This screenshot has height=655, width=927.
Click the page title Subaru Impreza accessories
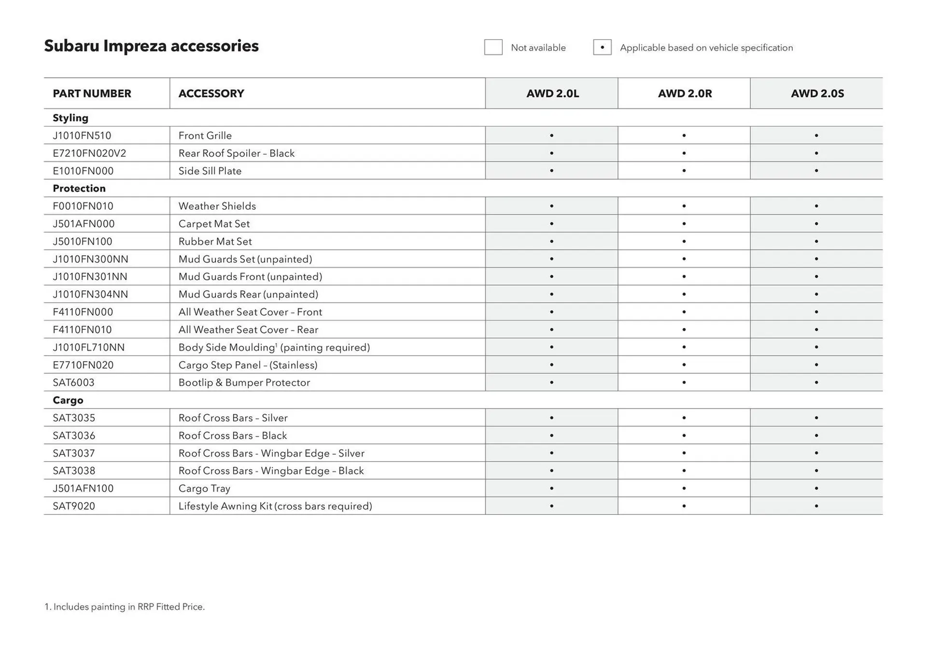(151, 46)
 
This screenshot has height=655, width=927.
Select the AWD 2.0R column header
(685, 94)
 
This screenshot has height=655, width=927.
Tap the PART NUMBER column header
(92, 94)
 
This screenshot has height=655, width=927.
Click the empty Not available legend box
(493, 47)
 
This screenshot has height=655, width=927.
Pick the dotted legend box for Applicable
(602, 47)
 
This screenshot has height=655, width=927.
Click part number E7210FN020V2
(89, 153)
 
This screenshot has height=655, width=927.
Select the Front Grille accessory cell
(205, 136)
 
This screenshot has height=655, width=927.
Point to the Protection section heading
(79, 189)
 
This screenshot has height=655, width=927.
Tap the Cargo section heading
(68, 400)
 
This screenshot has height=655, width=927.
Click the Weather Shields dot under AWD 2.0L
(551, 206)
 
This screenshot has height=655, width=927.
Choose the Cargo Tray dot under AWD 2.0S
(816, 488)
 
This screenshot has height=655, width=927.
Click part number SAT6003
(73, 382)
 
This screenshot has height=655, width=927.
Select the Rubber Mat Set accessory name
(215, 241)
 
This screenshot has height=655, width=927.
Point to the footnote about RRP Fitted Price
(125, 607)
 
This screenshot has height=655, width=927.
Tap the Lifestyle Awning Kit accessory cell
(275, 506)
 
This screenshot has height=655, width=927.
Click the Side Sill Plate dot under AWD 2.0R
(684, 171)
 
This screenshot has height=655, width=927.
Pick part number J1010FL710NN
(89, 347)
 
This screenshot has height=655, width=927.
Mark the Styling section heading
(70, 118)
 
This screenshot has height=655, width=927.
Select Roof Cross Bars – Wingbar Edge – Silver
(271, 453)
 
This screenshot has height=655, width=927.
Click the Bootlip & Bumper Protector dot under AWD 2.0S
(816, 382)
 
